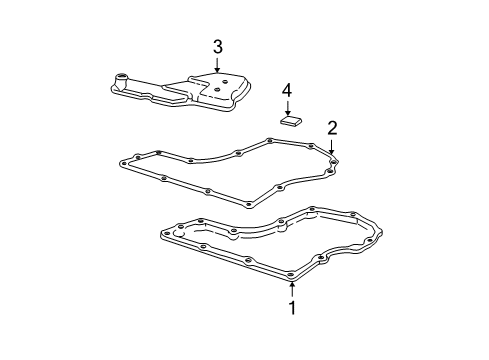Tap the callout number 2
click(332, 127)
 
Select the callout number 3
click(217, 46)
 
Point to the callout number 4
click(287, 91)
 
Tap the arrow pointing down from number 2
click(332, 146)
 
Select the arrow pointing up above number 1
click(292, 288)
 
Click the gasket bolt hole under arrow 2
click(333, 160)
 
